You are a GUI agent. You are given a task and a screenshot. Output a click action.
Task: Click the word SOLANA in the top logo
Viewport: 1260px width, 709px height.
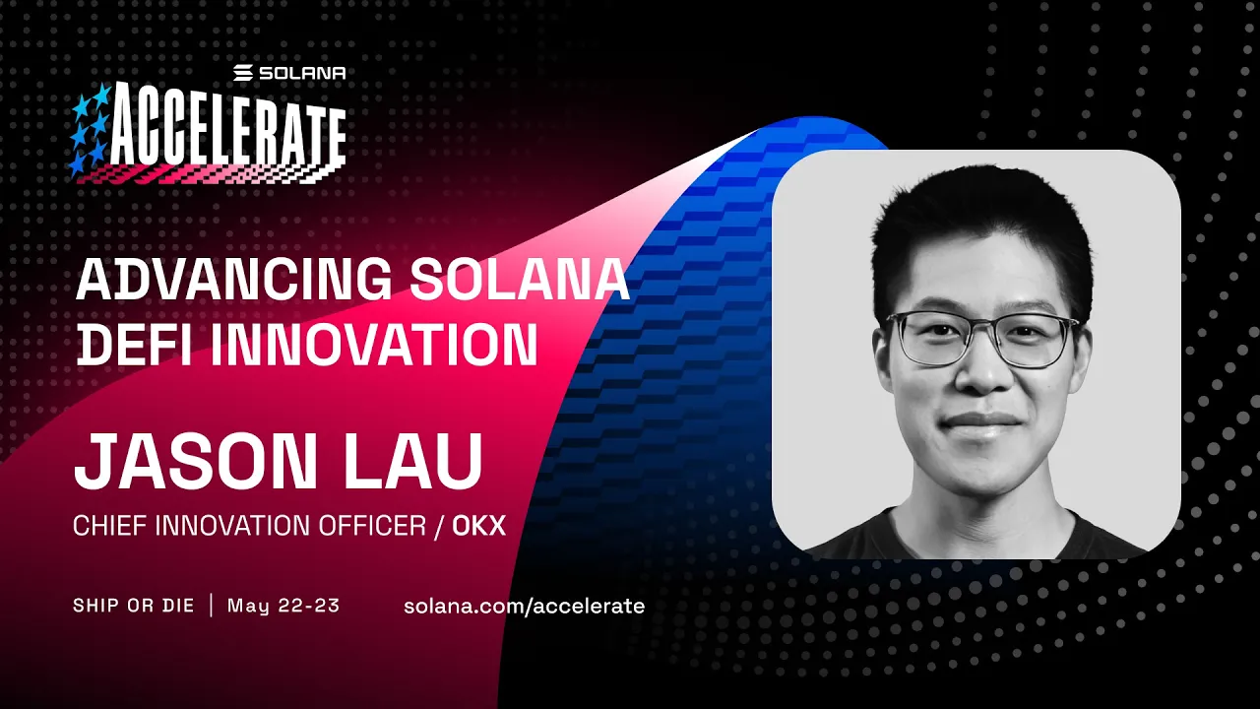point(303,73)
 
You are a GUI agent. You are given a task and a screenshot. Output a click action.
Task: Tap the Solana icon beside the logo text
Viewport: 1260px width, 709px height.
point(244,73)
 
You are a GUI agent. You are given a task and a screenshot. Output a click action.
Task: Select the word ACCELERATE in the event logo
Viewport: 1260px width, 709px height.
point(227,132)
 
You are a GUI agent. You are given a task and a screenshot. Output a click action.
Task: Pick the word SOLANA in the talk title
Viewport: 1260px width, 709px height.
point(519,281)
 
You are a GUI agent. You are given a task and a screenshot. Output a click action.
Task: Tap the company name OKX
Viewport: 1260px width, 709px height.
point(478,526)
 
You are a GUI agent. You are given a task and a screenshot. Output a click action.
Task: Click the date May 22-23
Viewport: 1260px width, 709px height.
point(283,606)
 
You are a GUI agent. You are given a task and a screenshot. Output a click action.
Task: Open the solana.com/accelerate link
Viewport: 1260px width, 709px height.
point(524,606)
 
